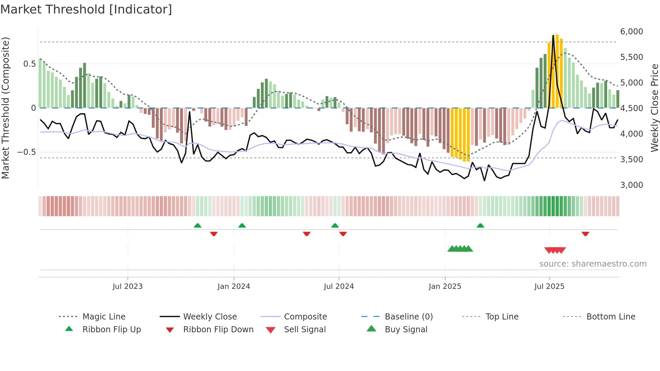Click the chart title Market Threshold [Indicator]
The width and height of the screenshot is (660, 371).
pyautogui.click(x=86, y=9)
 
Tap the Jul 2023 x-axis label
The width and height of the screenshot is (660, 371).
pyautogui.click(x=128, y=286)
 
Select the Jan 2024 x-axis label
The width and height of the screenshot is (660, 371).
pyautogui.click(x=234, y=286)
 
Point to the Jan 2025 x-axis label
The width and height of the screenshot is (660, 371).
pyautogui.click(x=445, y=286)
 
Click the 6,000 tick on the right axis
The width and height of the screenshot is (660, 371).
pyautogui.click(x=631, y=32)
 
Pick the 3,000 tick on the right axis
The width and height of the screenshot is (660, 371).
pyautogui.click(x=631, y=185)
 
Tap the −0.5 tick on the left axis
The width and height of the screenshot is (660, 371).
pyautogui.click(x=26, y=152)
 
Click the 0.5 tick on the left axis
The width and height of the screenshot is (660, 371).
pyautogui.click(x=29, y=64)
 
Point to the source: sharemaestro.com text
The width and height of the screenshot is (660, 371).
pyautogui.click(x=593, y=264)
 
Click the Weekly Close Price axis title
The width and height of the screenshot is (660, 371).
pyautogui.click(x=654, y=108)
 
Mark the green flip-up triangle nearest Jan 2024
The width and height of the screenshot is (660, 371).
pyautogui.click(x=242, y=226)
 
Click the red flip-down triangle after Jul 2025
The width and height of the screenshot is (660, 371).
pyautogui.click(x=585, y=234)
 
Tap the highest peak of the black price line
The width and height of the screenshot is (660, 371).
pyautogui.click(x=553, y=36)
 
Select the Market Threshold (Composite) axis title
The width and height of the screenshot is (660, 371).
pyautogui.click(x=5, y=108)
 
